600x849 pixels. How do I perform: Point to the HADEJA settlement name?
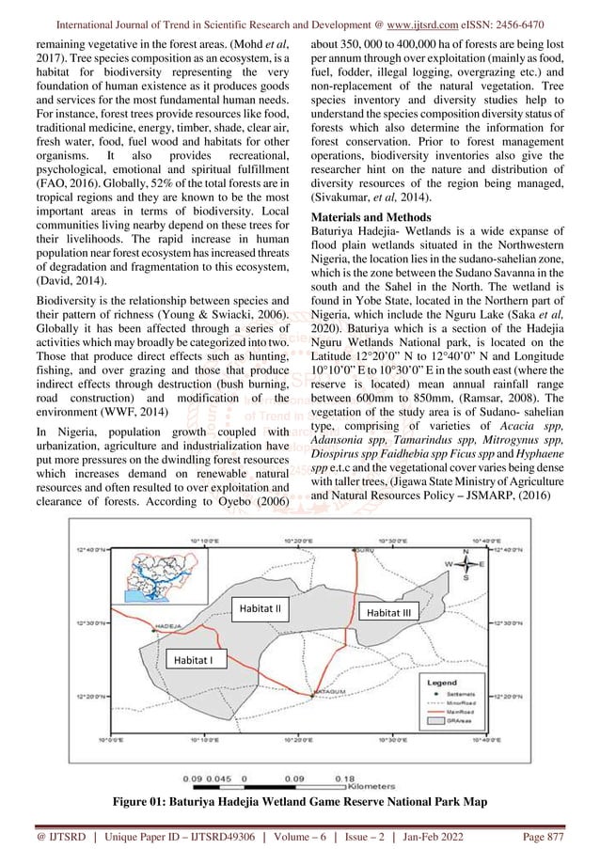[x=166, y=624]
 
